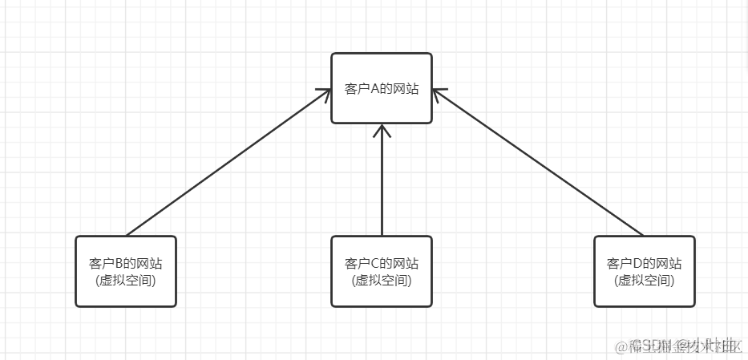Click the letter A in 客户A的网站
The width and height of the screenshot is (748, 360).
[374, 90]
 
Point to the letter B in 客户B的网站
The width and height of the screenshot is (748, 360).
[119, 263]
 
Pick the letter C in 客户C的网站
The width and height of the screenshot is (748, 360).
[374, 263]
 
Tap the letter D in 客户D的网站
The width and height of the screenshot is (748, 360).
[637, 263]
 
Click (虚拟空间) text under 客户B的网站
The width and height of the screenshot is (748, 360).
[126, 281]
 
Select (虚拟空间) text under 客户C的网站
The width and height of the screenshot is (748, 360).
[382, 281]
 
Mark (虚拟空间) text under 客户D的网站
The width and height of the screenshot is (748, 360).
[645, 281]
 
